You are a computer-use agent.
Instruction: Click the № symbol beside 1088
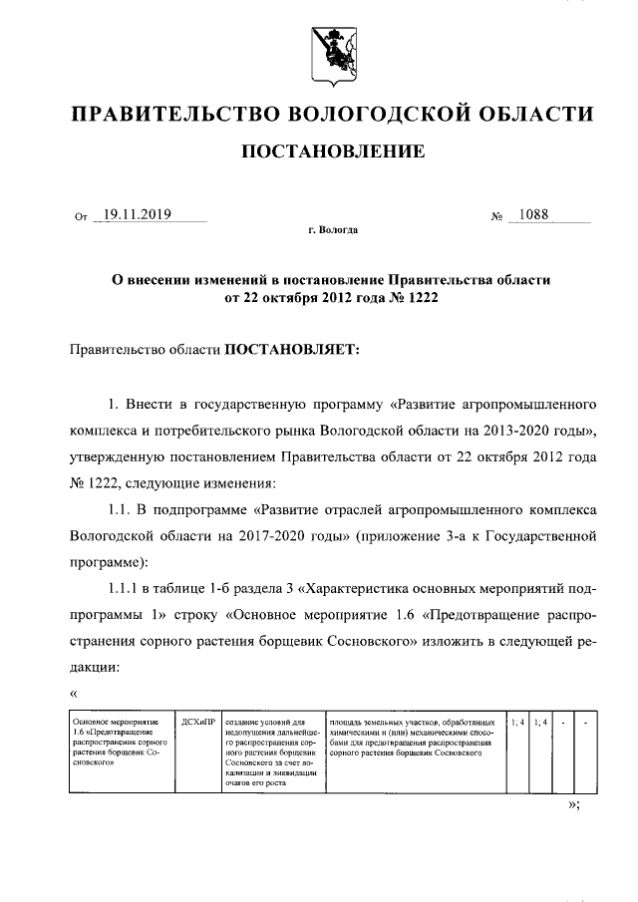click(496, 216)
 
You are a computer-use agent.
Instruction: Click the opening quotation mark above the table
click(74, 694)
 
